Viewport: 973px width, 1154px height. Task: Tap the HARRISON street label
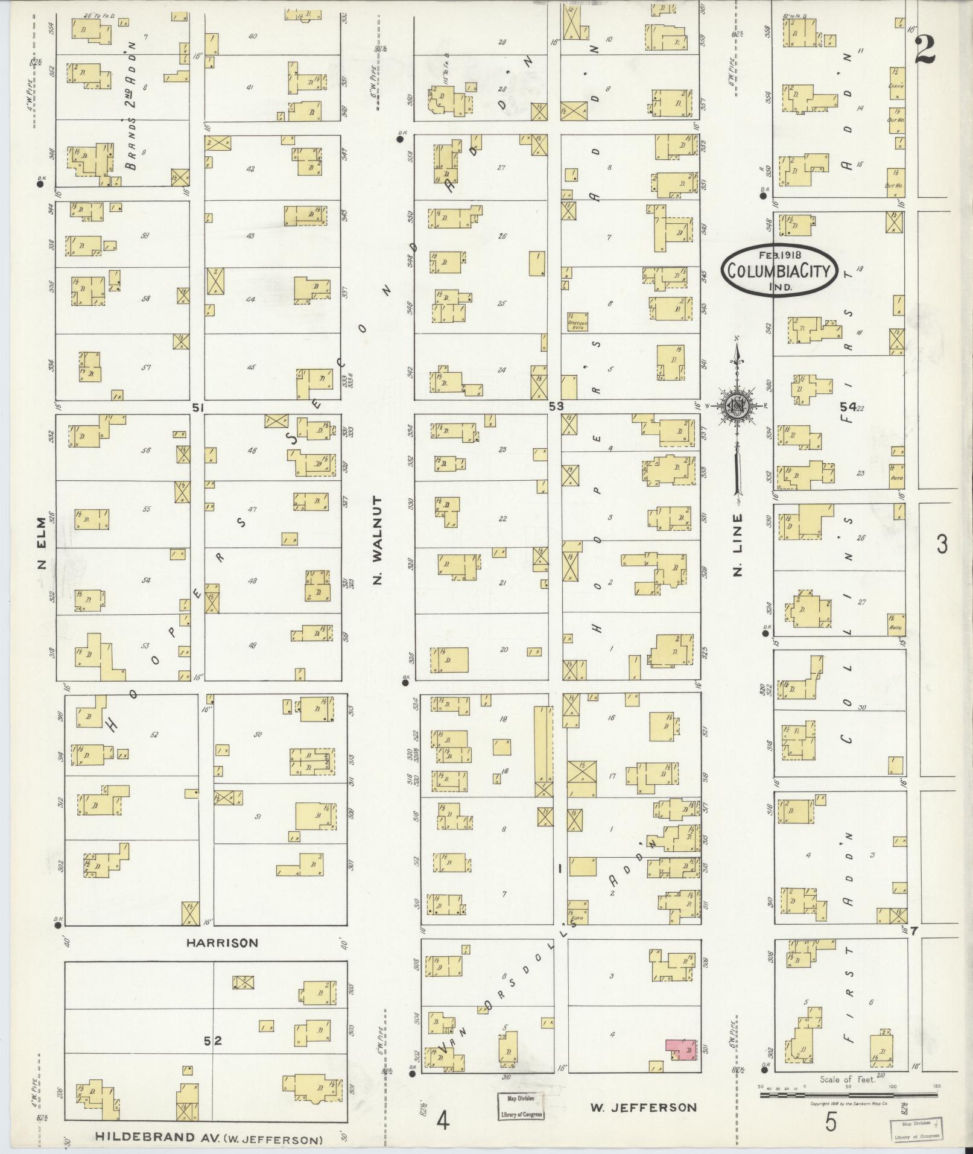222,942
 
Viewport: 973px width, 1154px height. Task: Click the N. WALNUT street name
378,541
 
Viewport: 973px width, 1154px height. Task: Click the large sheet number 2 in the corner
924,50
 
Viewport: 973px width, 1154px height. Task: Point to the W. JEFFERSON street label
643,1108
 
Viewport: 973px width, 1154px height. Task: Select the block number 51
197,408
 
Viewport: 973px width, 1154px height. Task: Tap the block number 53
556,407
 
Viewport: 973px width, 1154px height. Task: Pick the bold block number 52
213,1041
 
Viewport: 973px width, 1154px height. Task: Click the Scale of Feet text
847,1080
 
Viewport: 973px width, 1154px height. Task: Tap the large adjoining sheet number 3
942,544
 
